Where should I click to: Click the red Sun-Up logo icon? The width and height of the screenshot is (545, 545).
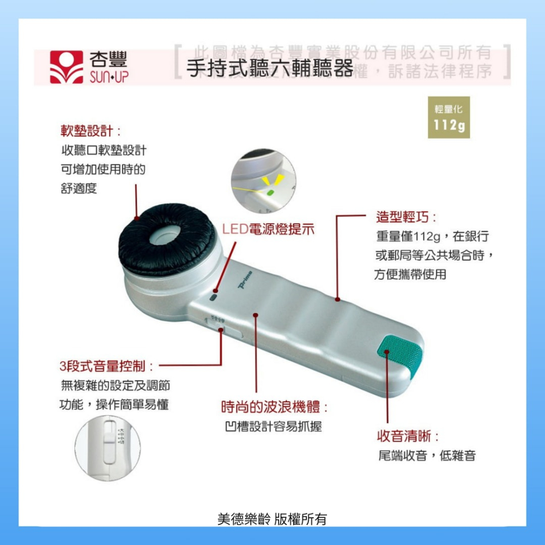point(66,67)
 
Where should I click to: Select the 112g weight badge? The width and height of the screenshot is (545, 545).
point(449,117)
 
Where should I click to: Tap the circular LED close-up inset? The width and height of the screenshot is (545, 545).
point(263,181)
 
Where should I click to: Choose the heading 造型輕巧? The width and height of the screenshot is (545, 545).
point(405,217)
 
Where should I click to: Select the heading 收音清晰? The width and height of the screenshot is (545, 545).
point(408,436)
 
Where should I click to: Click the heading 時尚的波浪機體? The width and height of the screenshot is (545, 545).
point(274,407)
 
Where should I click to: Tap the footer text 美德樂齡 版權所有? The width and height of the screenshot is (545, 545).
point(272,519)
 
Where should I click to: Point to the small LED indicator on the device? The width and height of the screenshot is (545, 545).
point(213,298)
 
